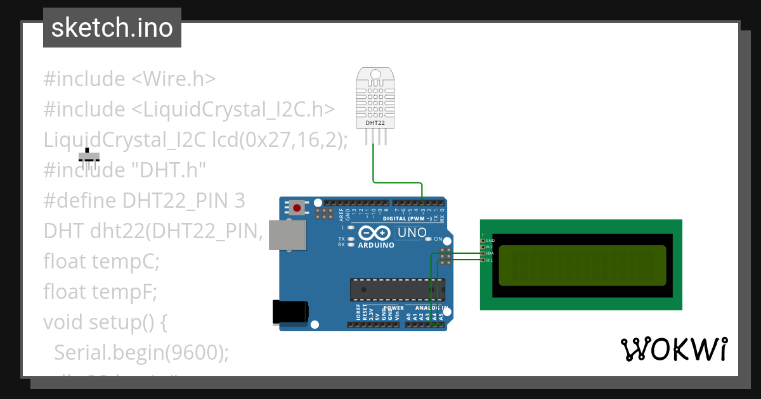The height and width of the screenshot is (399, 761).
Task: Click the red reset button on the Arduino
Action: tap(296, 207)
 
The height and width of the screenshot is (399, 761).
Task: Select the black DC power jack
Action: tap(290, 312)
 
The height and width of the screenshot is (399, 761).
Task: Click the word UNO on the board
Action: tap(412, 233)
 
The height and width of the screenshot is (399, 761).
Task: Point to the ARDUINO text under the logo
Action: tap(376, 245)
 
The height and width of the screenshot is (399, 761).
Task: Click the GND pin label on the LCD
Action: tap(490, 241)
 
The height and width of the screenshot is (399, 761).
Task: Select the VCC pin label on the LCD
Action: tap(490, 247)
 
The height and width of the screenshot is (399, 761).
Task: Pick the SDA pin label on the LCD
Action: tap(490, 253)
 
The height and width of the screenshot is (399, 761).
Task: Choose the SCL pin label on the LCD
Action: tap(490, 260)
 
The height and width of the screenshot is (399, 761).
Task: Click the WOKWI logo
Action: tap(674, 349)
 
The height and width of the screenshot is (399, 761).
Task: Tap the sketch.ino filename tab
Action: tap(112, 28)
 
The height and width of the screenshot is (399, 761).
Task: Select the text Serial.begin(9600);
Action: tap(141, 352)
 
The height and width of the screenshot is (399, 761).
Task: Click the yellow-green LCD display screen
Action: tap(582, 266)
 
